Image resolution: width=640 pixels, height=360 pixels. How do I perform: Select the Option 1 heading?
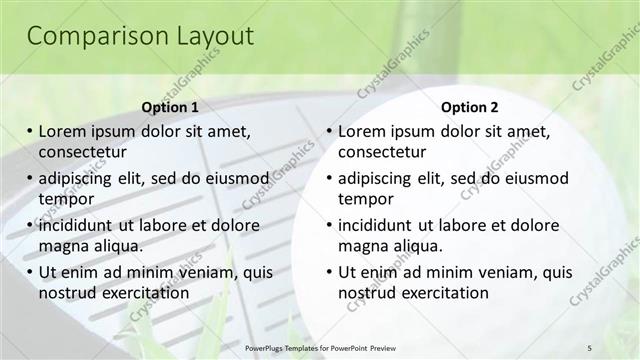click(170, 107)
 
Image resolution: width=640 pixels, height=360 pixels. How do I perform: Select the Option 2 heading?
click(469, 107)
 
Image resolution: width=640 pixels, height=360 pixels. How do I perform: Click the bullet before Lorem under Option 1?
click(30, 131)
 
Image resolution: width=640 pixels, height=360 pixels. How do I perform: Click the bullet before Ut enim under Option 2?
click(329, 272)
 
